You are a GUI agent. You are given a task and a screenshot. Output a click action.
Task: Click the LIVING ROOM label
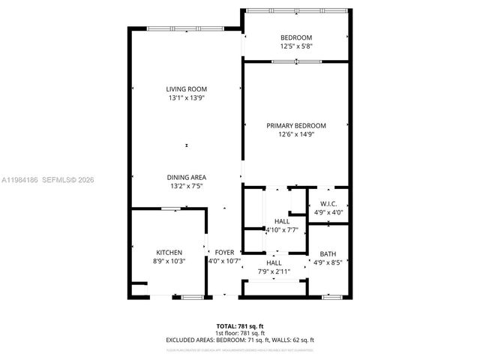point(186,89)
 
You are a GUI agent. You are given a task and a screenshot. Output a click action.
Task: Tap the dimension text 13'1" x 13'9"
point(186,97)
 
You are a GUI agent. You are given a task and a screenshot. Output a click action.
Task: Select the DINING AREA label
point(186,178)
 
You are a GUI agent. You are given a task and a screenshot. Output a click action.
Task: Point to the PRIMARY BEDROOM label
point(296,126)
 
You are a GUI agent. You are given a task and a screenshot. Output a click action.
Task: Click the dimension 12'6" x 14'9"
point(296,134)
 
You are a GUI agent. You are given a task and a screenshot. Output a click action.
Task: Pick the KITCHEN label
point(169,253)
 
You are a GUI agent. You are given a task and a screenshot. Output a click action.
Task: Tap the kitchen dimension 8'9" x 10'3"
point(169,261)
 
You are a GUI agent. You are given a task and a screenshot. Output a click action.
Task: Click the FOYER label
point(224,253)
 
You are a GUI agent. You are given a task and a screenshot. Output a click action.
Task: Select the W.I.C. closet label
point(328,204)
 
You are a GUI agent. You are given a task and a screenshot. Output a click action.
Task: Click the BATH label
point(328,253)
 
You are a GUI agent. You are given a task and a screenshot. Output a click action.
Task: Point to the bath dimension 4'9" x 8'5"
point(328,262)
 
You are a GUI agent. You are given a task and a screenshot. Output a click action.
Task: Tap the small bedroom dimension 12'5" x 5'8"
point(296,46)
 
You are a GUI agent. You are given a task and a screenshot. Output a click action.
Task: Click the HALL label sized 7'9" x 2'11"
point(274,263)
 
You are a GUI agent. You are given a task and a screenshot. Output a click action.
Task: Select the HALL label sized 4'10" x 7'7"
point(282,222)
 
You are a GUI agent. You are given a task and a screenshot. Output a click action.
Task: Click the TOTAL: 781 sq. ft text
point(240,326)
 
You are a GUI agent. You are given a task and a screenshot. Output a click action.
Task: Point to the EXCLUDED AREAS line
point(240,340)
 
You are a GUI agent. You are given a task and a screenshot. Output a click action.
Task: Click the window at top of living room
point(184,28)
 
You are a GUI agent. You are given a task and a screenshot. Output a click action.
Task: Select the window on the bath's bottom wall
point(331,298)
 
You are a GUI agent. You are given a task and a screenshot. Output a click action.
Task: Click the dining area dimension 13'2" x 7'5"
point(186,186)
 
